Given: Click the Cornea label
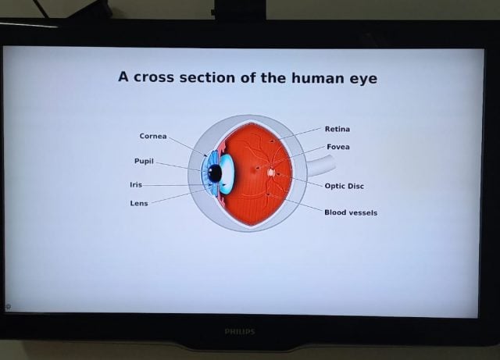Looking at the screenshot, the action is click(152, 136).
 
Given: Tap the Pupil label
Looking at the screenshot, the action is click(143, 161).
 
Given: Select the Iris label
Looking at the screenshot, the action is click(136, 185).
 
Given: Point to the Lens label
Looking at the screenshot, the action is click(138, 203).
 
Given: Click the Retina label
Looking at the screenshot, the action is click(337, 129).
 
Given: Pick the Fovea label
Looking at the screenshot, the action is click(337, 147).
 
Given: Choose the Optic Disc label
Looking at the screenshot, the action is click(344, 187).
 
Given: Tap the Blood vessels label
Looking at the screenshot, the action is click(351, 212).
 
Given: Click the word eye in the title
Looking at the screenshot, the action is click(362, 78).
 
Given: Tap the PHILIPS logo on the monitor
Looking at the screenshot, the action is click(239, 331).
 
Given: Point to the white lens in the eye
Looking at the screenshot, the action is click(227, 173).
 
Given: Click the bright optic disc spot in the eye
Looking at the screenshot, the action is click(271, 172).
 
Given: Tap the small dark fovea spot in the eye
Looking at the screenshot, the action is click(256, 168).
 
